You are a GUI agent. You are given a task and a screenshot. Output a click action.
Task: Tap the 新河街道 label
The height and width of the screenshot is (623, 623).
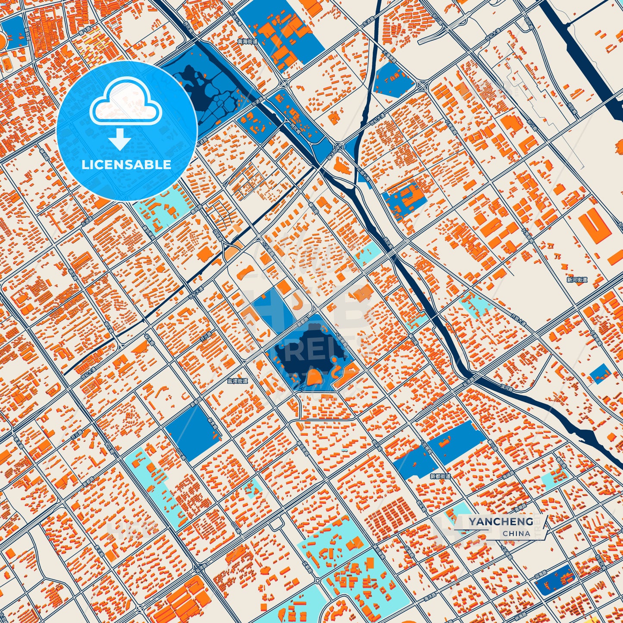point(577,280)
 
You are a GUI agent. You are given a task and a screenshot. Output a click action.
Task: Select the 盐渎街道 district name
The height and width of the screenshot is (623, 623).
point(238,381)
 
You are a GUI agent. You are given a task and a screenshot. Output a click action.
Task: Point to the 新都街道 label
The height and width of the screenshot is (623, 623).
point(440,476)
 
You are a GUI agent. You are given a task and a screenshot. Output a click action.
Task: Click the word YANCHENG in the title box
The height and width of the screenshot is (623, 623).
point(501,522)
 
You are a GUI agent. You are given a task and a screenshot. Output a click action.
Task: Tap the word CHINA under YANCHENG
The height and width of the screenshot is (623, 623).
point(516,533)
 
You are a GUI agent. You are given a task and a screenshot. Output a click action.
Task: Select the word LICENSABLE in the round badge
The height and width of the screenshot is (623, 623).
point(126,164)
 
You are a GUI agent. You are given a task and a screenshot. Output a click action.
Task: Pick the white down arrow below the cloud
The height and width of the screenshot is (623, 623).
point(120,140)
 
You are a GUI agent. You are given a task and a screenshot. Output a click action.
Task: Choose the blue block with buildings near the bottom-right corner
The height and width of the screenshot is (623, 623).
point(555,580)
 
